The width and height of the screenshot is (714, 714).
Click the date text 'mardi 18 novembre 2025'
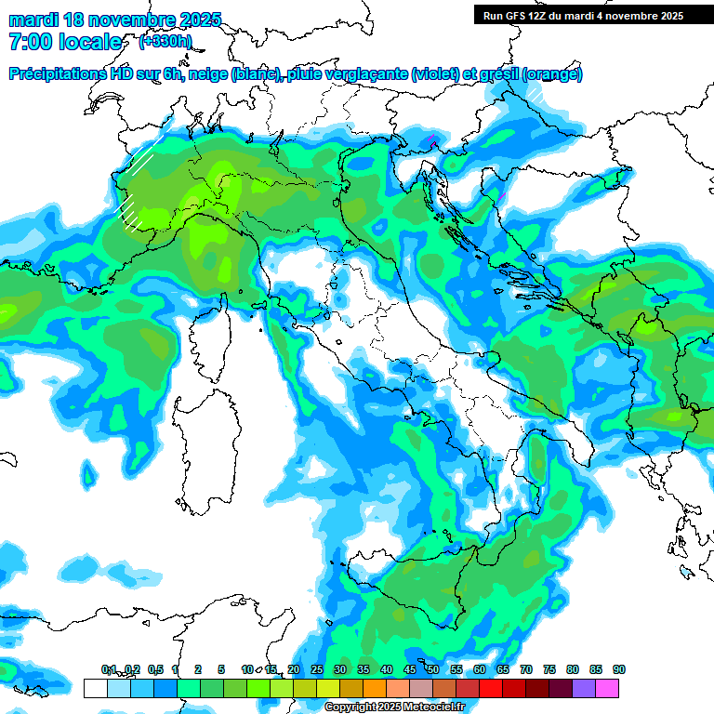click(115, 20)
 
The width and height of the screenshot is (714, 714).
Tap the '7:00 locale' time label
click(65, 42)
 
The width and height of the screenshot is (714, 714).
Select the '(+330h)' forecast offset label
click(165, 42)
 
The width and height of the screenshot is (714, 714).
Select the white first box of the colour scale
click(95, 688)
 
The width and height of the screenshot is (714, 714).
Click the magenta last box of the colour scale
click(607, 688)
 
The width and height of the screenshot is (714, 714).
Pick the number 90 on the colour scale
click(619, 670)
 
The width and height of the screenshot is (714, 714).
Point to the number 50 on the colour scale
click(433, 670)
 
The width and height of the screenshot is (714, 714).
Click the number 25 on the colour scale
click(317, 670)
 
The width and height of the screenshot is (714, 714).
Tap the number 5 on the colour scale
click(221, 670)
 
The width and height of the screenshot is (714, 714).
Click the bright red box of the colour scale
click(491, 688)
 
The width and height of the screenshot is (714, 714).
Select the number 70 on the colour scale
click(526, 670)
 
